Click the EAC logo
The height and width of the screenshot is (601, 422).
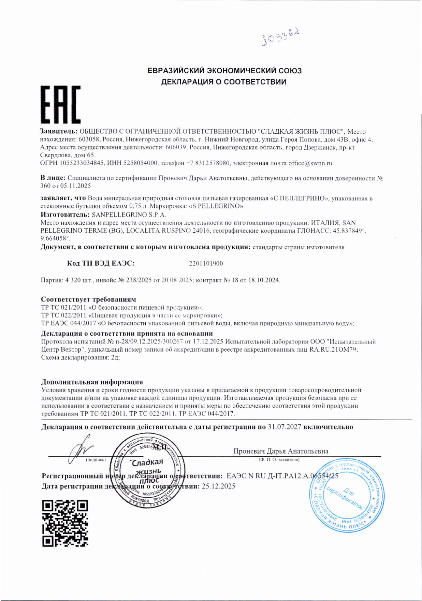point(61,104)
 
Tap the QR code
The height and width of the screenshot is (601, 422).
point(65,523)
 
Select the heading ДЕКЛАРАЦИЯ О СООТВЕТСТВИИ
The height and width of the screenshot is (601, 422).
point(223,82)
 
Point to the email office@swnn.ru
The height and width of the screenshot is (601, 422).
point(310,163)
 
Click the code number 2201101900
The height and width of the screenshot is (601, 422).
point(206,263)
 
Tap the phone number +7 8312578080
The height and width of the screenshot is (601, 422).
point(208,163)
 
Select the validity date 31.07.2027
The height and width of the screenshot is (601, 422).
point(285,427)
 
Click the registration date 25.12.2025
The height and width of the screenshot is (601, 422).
point(218,486)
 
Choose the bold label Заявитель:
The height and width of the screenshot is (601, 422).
point(59,131)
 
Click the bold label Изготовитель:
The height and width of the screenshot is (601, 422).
point(65,215)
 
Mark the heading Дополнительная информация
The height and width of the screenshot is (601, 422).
point(92,382)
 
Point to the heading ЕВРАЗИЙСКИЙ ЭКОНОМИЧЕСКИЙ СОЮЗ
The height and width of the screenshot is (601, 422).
point(224,71)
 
